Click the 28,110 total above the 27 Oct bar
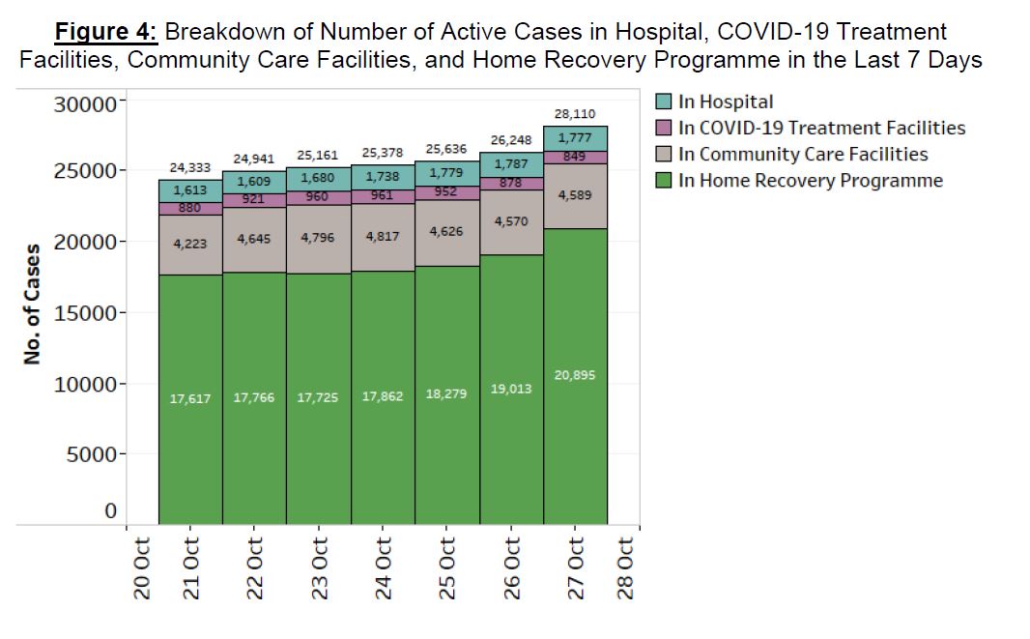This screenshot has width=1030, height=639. point(575,114)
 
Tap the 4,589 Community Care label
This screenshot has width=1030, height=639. point(575,195)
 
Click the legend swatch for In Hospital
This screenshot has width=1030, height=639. point(664,102)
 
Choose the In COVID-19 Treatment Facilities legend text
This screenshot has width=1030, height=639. point(821,128)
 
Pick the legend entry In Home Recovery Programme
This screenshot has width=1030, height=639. point(810,181)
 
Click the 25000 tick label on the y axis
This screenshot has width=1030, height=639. point(84,171)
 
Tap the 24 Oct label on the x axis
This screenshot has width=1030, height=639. point(383,570)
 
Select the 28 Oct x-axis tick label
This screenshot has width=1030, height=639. point(626,570)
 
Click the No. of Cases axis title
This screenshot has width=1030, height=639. point(32,305)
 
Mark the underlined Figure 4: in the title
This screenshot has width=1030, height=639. point(106,31)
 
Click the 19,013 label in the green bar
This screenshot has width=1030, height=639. point(511,389)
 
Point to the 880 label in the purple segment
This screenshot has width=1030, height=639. point(189,208)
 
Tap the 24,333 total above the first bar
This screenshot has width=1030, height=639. point(189,168)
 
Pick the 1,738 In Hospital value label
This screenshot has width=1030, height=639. point(383,177)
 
